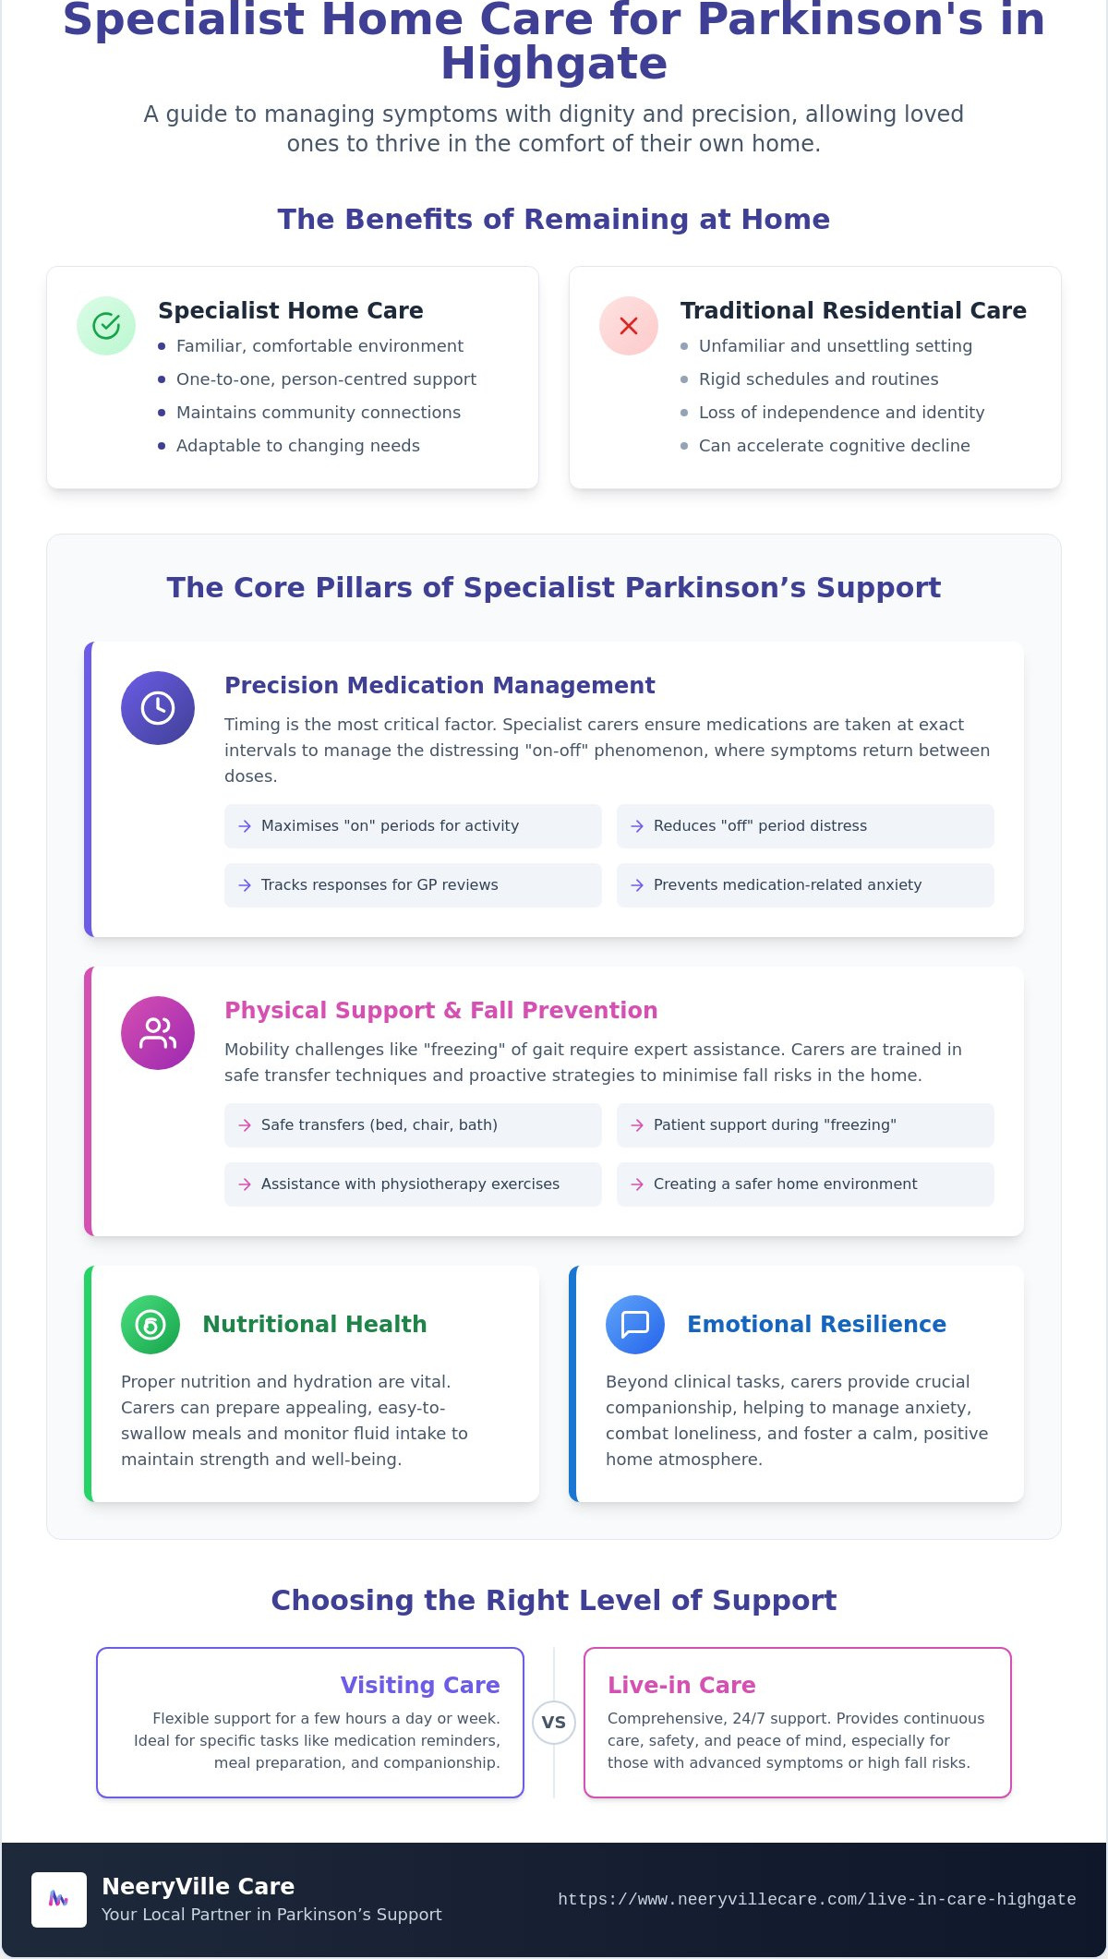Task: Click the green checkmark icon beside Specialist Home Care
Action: pos(106,326)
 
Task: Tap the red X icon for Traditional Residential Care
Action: pos(629,326)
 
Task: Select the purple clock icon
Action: pos(158,708)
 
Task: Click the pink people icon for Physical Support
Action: pos(158,1033)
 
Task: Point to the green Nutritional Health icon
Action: pos(151,1325)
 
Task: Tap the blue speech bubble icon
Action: pos(635,1325)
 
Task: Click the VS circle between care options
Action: pos(554,1723)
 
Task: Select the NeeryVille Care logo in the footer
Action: pos(59,1900)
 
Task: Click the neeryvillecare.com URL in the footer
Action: pos(817,1899)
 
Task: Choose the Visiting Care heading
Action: pos(420,1685)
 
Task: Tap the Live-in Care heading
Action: pos(681,1685)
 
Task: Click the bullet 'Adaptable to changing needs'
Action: pos(289,446)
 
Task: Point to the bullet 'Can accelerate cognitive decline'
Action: pos(825,446)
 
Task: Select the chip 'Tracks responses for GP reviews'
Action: pos(413,885)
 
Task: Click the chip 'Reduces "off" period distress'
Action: pos(805,826)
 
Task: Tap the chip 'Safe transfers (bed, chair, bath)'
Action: pos(413,1125)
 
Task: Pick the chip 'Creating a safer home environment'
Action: pos(805,1184)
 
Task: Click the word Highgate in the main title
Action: pos(554,65)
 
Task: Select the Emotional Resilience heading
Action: pos(817,1324)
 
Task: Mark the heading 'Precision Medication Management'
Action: pos(440,685)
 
